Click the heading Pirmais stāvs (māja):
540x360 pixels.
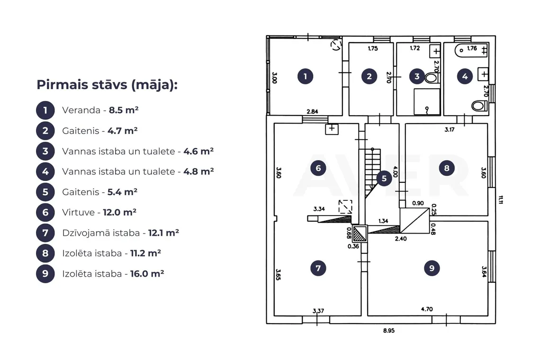tap(107, 85)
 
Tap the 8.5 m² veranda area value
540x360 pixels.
tap(124, 110)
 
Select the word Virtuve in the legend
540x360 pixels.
tap(78, 212)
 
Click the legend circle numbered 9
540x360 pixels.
tap(45, 273)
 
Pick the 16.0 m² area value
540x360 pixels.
tap(147, 273)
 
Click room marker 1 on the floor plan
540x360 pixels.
tap(305, 76)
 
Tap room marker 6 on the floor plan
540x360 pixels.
tap(318, 168)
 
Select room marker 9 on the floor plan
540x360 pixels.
tap(432, 268)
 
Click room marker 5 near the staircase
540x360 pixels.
tap(384, 179)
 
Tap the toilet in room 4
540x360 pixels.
tap(479, 106)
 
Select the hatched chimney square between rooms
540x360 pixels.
tap(360, 234)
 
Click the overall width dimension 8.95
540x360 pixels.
tap(389, 331)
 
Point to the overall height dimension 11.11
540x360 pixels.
tap(501, 200)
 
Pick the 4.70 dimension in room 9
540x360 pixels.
tap(427, 309)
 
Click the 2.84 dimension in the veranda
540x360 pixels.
tap(312, 112)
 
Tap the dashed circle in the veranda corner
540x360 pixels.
tap(336, 45)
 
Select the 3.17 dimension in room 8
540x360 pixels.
tap(450, 130)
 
